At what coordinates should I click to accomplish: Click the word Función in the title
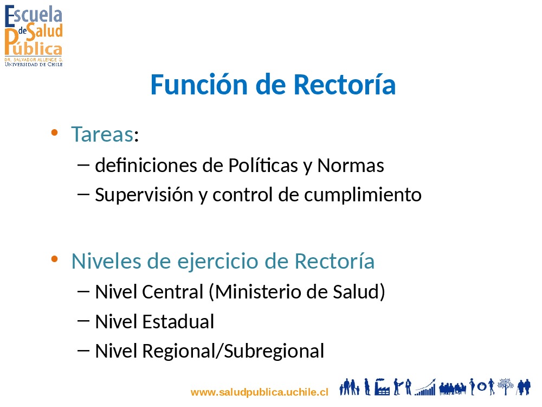pos(199,85)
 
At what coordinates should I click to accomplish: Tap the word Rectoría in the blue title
pos(345,85)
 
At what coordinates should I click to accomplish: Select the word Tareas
pos(102,134)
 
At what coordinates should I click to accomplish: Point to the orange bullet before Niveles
pos(54,259)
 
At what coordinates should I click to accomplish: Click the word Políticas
pos(263,165)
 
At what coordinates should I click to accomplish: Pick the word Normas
pos(351,166)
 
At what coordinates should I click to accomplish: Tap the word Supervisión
pos(144,195)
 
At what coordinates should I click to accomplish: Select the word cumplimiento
pos(363,194)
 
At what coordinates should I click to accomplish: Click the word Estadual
pos(178,321)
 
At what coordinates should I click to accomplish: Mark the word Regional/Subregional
pos(233,351)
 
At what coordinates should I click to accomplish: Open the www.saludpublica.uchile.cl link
pos(259,392)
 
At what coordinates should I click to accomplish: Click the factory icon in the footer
pos(382,386)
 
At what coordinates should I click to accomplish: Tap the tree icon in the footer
pos(505,386)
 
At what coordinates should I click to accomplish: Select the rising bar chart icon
pos(425,387)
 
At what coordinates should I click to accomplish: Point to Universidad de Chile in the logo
pos(34,65)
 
